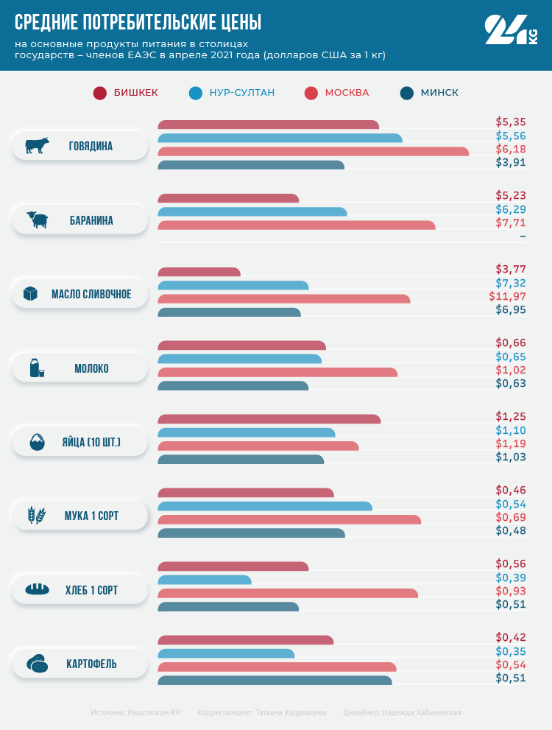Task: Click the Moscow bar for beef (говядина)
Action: [x=314, y=152]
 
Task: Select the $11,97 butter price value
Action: [x=507, y=297]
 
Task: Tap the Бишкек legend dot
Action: [x=100, y=93]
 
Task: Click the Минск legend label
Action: [x=439, y=93]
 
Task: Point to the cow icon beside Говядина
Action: [x=37, y=146]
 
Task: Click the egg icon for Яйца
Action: [x=37, y=442]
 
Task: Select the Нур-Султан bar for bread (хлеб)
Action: [x=205, y=580]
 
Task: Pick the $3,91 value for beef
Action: [x=511, y=163]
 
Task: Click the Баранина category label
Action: [x=91, y=220]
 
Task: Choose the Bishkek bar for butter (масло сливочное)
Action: [x=199, y=272]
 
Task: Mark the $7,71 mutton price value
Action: [x=511, y=223]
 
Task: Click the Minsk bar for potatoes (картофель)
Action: [x=275, y=680]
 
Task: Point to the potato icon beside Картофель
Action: [x=37, y=664]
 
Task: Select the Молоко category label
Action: [x=91, y=368]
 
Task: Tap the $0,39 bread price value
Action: [x=511, y=578]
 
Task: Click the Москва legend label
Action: [x=347, y=93]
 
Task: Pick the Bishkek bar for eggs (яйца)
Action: [x=269, y=419]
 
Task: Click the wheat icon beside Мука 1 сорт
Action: [x=37, y=516]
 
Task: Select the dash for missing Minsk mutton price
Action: [x=523, y=236]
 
